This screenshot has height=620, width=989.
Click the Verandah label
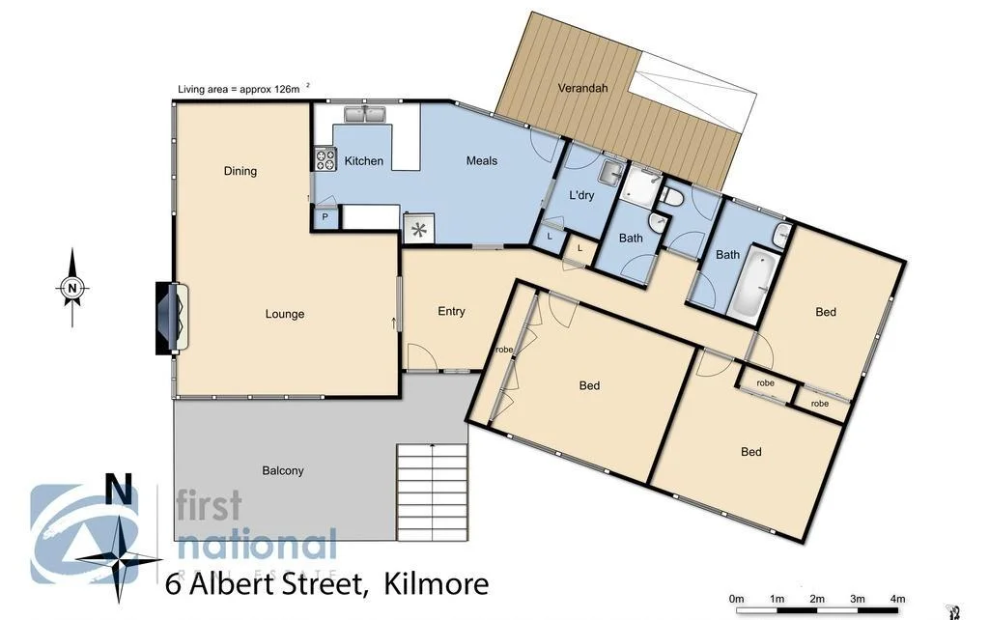point(582,88)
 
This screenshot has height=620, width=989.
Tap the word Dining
point(240,171)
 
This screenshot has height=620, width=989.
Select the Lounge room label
point(285,314)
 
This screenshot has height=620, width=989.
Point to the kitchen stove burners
point(323,159)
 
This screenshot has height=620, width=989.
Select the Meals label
point(482,160)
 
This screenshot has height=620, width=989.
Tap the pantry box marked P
point(325,218)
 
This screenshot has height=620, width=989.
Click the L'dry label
point(581,195)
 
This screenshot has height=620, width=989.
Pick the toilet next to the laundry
point(672,196)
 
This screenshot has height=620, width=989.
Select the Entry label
point(451,311)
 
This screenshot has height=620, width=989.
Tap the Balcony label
point(283,470)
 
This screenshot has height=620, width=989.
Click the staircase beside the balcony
point(432,493)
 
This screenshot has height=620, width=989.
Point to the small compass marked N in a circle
point(71,287)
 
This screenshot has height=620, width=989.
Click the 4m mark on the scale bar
point(897,599)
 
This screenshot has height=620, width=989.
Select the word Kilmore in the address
point(436,584)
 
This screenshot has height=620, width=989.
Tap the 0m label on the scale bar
point(737,599)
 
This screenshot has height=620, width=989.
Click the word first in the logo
point(208,506)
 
